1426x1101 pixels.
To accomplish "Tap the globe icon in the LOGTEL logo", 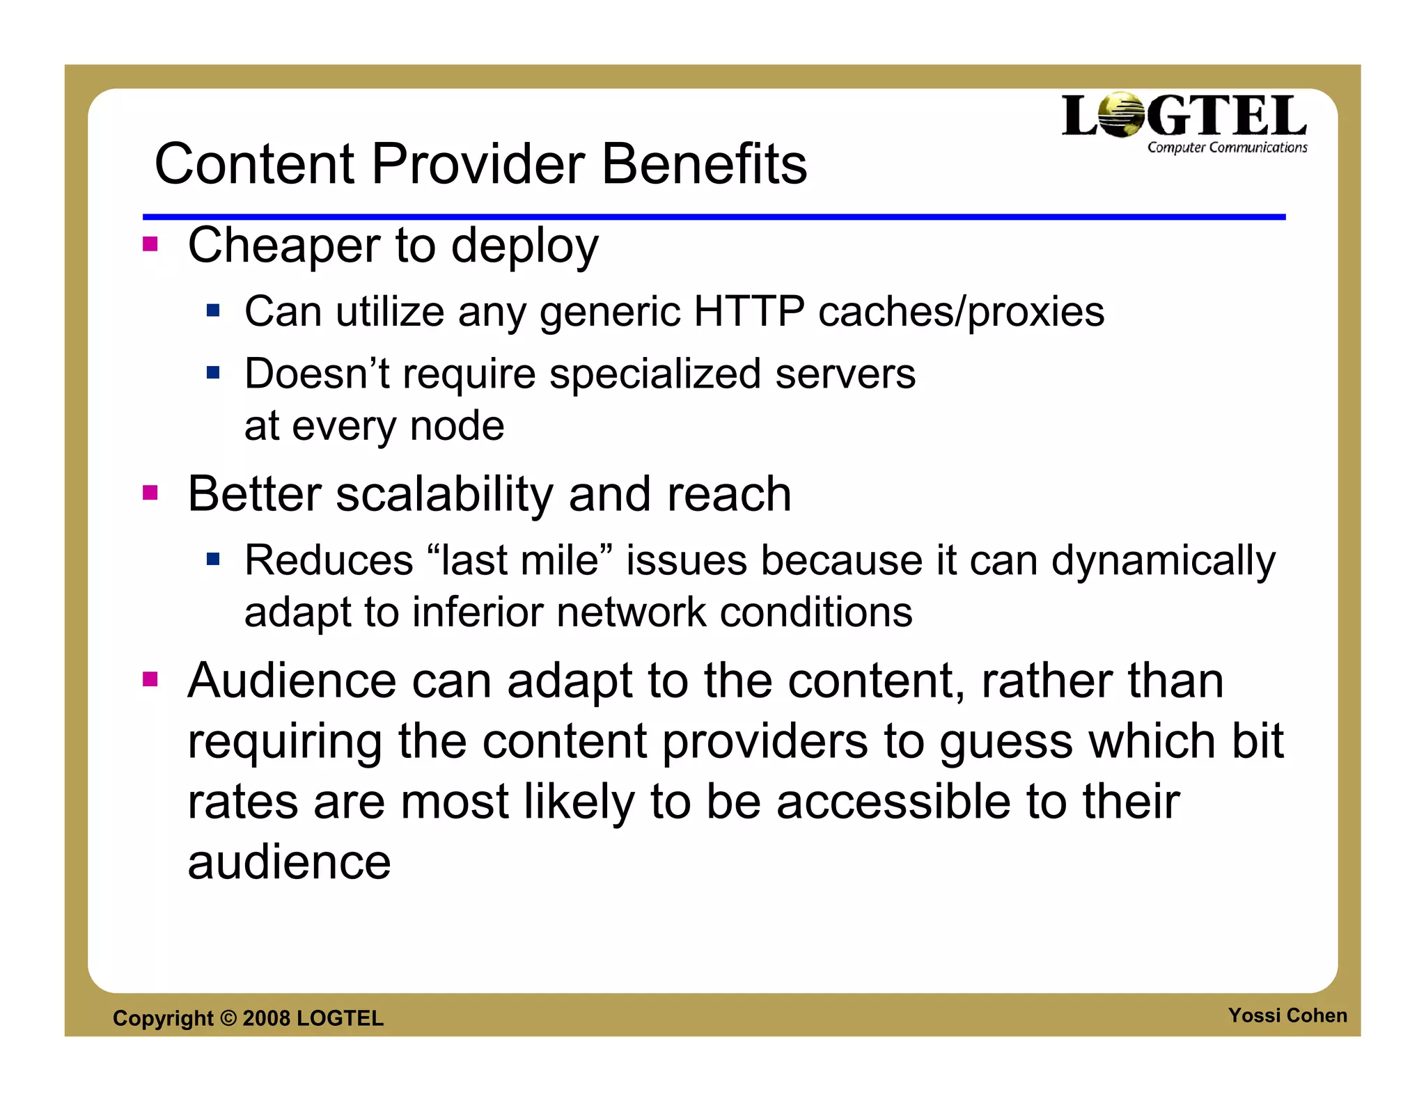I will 1122,115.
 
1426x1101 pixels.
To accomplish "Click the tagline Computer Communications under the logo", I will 1227,148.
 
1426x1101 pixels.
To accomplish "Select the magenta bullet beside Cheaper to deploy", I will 150,244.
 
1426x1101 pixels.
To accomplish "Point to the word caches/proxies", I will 961,311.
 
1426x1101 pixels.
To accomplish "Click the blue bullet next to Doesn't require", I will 213,373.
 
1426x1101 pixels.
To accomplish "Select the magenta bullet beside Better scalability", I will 150,493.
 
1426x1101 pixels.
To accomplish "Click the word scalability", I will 444,494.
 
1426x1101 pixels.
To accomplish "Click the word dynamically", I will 1163,561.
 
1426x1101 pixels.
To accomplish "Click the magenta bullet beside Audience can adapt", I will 150,679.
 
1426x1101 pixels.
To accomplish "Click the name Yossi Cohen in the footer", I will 1287,1015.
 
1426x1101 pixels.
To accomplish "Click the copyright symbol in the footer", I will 228,1018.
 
